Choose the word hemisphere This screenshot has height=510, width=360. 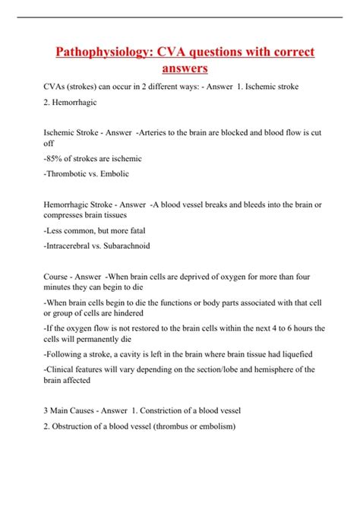(x=251, y=369)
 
